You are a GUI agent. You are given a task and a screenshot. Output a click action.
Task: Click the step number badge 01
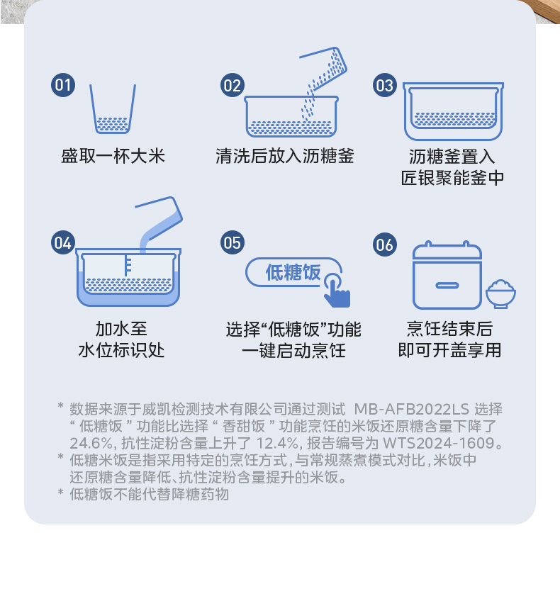63,85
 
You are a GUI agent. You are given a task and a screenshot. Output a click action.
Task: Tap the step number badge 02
233,85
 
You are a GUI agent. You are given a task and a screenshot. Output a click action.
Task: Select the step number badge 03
385,85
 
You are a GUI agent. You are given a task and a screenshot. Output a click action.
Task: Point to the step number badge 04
63,242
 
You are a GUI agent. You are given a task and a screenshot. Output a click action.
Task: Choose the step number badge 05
233,242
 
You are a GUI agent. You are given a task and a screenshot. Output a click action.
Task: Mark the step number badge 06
385,245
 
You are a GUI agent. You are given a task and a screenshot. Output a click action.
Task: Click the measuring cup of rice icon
113,109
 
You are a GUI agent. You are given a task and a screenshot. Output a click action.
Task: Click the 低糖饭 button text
293,273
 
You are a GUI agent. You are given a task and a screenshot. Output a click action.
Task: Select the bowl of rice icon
500,293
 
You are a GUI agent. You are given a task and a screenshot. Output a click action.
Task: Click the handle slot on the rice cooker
447,286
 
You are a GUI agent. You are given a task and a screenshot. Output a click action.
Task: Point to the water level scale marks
128,265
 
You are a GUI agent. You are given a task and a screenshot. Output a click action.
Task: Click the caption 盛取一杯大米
113,156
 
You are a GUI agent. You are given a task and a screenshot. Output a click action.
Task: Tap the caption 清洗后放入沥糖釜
285,156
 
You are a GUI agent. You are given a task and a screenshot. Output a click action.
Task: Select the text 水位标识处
121,350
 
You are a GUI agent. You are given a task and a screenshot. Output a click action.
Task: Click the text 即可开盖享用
449,350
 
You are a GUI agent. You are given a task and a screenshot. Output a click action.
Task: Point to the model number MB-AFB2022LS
411,410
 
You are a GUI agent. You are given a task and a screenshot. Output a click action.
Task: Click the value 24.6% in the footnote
91,443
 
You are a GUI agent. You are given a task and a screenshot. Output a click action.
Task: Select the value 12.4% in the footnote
277,443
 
